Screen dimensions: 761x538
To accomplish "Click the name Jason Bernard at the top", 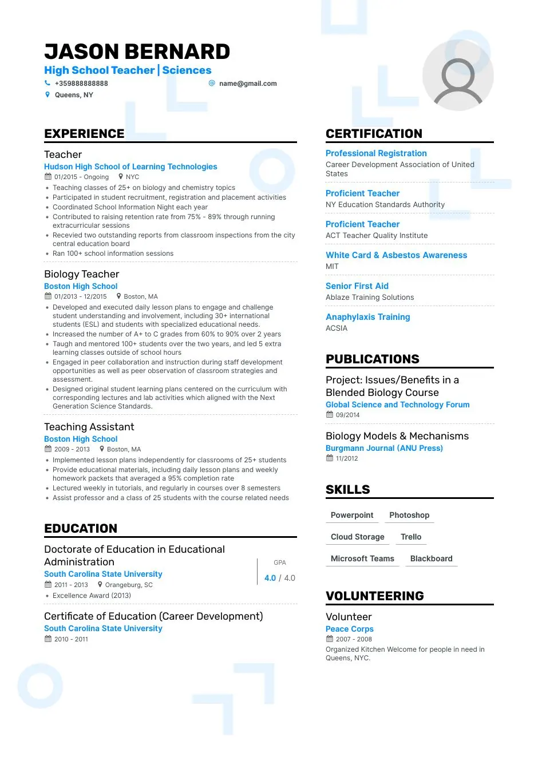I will tap(137, 51).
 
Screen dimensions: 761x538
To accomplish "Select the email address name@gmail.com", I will tap(247, 84).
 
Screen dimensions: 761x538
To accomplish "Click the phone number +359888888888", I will tap(81, 84).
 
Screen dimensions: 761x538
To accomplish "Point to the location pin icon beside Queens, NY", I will tap(48, 95).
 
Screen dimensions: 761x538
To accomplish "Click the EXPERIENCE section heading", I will tap(84, 134).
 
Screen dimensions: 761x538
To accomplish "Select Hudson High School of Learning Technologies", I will tap(130, 167).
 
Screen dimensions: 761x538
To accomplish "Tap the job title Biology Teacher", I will tap(82, 274).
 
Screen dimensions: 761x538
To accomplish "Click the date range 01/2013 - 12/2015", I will tap(80, 296).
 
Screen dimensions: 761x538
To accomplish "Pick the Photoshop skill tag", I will tap(409, 515).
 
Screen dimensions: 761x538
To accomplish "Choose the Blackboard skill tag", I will tap(431, 558).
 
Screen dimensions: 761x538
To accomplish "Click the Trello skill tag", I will tap(411, 537).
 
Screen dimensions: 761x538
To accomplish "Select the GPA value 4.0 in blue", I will tap(270, 578).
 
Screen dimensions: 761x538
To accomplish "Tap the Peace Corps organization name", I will tap(349, 629).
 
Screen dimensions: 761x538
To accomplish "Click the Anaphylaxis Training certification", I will tap(367, 317).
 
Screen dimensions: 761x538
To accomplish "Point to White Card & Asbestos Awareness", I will tap(396, 255).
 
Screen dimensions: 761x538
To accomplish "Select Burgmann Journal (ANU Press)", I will tap(384, 448).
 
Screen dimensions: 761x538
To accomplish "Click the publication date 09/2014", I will tap(347, 415).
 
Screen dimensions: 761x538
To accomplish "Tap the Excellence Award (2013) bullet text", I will tap(92, 596).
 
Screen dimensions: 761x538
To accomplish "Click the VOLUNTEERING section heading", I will tap(374, 596).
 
